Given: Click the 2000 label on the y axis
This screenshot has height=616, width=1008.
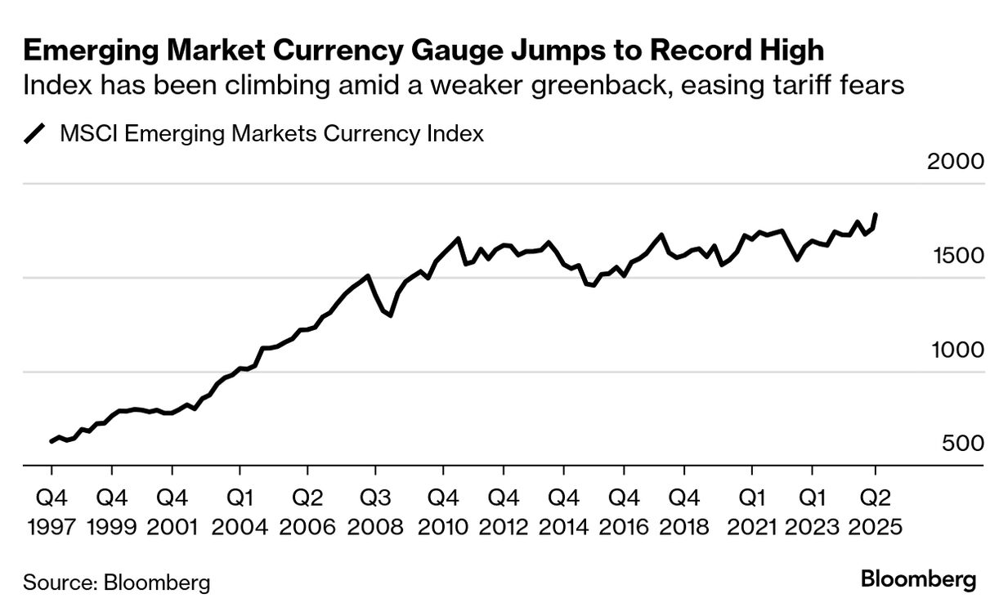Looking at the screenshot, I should pyautogui.click(x=956, y=161).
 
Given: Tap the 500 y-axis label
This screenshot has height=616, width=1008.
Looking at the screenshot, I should pyautogui.click(x=964, y=444).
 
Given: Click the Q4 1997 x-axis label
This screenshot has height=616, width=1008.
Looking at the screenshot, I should pyautogui.click(x=52, y=511).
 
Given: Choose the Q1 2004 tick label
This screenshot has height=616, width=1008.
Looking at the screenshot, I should pyautogui.click(x=240, y=511).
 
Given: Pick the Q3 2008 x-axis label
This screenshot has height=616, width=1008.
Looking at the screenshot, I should pyautogui.click(x=375, y=511).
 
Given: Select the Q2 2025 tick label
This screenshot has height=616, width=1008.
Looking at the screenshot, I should pyautogui.click(x=876, y=511).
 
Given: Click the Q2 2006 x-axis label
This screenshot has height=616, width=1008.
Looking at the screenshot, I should pyautogui.click(x=307, y=511).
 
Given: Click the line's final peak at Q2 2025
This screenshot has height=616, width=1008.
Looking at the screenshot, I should pyautogui.click(x=876, y=215).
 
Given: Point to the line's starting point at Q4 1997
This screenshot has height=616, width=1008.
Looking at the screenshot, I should pyautogui.click(x=52, y=441).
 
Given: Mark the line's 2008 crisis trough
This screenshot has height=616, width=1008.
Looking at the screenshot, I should pyautogui.click(x=391, y=315).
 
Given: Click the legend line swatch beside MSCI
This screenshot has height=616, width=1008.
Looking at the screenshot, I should pyautogui.click(x=36, y=133).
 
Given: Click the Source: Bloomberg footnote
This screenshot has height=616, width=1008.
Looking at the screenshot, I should pyautogui.click(x=117, y=583).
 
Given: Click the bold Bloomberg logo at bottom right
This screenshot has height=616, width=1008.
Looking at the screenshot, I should pyautogui.click(x=918, y=580).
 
